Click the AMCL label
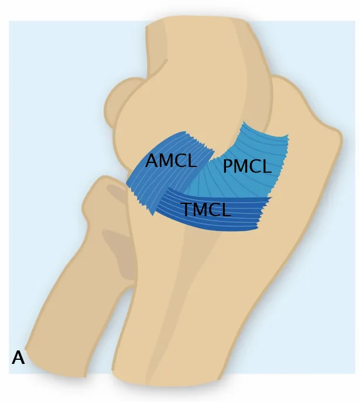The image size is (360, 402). (x=171, y=161)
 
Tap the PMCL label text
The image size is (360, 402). (x=247, y=167)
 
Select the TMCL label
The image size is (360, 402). (x=206, y=209)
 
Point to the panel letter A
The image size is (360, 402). (x=18, y=357)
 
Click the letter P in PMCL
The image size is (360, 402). (x=229, y=167)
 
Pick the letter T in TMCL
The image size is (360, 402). (x=186, y=209)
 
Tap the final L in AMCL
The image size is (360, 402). (x=191, y=161)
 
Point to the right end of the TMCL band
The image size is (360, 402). (x=263, y=214)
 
